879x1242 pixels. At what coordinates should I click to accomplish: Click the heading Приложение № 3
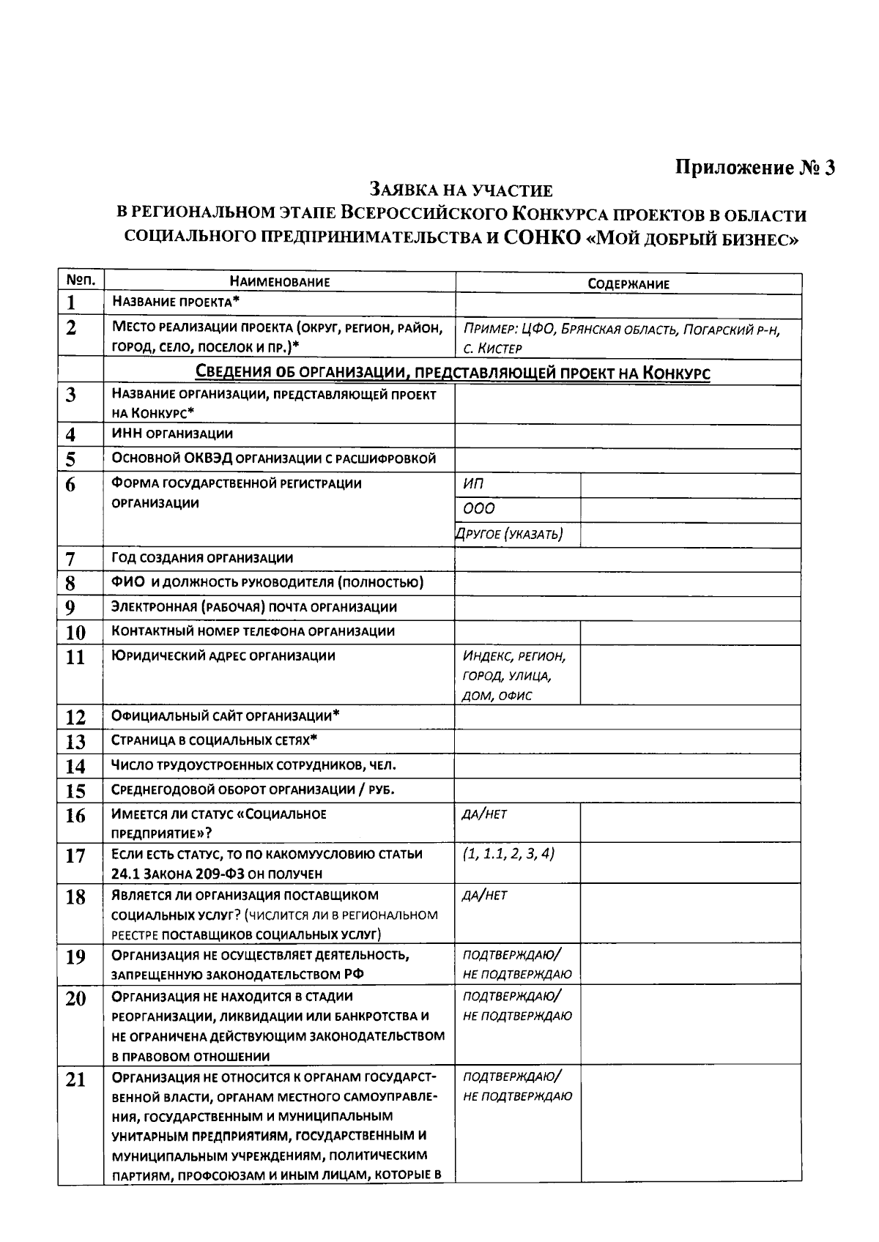754,167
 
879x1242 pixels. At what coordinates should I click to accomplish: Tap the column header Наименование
279,282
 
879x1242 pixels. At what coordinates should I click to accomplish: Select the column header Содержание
628,284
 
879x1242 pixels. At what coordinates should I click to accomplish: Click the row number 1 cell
71,302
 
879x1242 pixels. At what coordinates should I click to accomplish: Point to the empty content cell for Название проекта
628,304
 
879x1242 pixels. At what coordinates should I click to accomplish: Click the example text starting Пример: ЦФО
621,338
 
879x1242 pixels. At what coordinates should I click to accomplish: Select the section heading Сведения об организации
452,373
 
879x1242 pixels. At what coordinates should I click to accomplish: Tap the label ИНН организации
172,434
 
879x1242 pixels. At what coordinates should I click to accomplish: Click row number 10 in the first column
75,632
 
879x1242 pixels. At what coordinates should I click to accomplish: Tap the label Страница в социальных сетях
214,740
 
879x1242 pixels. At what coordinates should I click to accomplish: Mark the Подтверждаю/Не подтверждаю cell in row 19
516,964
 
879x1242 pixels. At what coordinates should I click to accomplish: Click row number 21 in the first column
75,1080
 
